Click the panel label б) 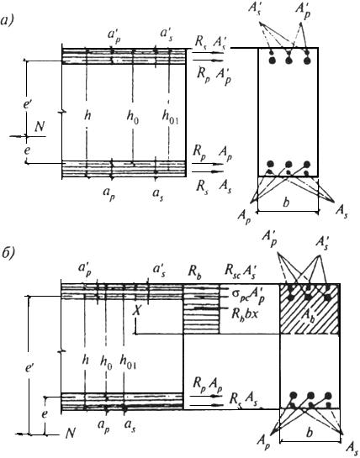coord(8,252)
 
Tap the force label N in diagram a coord(40,127)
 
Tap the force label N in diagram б coord(70,434)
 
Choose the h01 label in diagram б coord(128,362)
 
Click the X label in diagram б coord(136,311)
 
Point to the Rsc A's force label coord(242,271)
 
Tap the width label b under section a coord(286,203)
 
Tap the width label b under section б coord(310,433)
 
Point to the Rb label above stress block coord(194,272)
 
